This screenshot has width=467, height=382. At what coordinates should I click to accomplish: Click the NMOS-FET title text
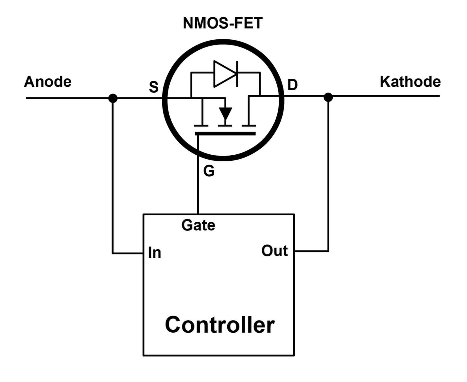(x=222, y=23)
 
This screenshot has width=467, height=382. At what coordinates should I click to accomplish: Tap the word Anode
(x=48, y=82)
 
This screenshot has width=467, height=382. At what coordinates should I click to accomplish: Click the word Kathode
(x=410, y=82)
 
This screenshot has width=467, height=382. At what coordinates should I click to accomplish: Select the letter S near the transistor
(x=154, y=87)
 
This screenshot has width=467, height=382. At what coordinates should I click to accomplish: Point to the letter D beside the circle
(x=292, y=85)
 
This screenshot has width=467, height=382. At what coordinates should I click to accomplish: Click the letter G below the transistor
(x=209, y=171)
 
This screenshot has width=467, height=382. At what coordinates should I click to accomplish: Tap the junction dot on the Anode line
(x=113, y=98)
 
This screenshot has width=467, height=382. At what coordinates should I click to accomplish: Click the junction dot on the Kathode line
(x=328, y=97)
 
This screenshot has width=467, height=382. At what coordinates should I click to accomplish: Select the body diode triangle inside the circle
(x=223, y=74)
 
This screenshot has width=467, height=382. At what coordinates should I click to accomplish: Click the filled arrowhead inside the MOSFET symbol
(x=225, y=113)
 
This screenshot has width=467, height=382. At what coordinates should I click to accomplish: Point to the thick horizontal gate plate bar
(x=225, y=134)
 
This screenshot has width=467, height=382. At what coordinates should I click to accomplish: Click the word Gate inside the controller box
(x=198, y=225)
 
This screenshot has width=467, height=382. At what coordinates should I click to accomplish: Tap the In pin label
(x=154, y=252)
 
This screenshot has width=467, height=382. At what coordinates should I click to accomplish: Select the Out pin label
(x=274, y=251)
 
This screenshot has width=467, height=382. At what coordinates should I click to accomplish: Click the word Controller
(x=219, y=325)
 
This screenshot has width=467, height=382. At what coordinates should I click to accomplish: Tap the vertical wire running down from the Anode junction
(x=113, y=175)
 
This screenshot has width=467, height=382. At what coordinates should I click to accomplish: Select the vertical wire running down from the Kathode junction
(x=328, y=175)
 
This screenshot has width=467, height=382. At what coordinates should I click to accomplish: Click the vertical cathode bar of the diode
(x=237, y=74)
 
